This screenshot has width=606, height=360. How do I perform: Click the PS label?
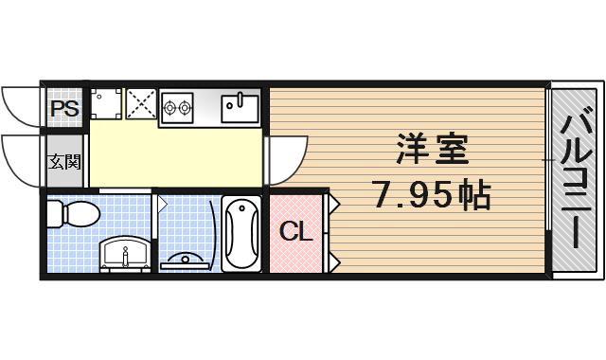[x=63, y=107]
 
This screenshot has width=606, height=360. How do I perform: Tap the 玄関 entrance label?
[x=63, y=161]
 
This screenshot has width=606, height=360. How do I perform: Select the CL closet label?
[x=295, y=231]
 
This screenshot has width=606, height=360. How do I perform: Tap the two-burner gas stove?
[x=177, y=106]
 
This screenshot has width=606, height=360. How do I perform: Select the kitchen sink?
[x=241, y=106]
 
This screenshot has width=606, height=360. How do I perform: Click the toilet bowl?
[x=72, y=214]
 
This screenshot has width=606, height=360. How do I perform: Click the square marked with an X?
[x=141, y=104]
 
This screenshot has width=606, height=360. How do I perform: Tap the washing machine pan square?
[x=107, y=104]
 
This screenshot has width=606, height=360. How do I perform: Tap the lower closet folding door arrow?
[x=334, y=259]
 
